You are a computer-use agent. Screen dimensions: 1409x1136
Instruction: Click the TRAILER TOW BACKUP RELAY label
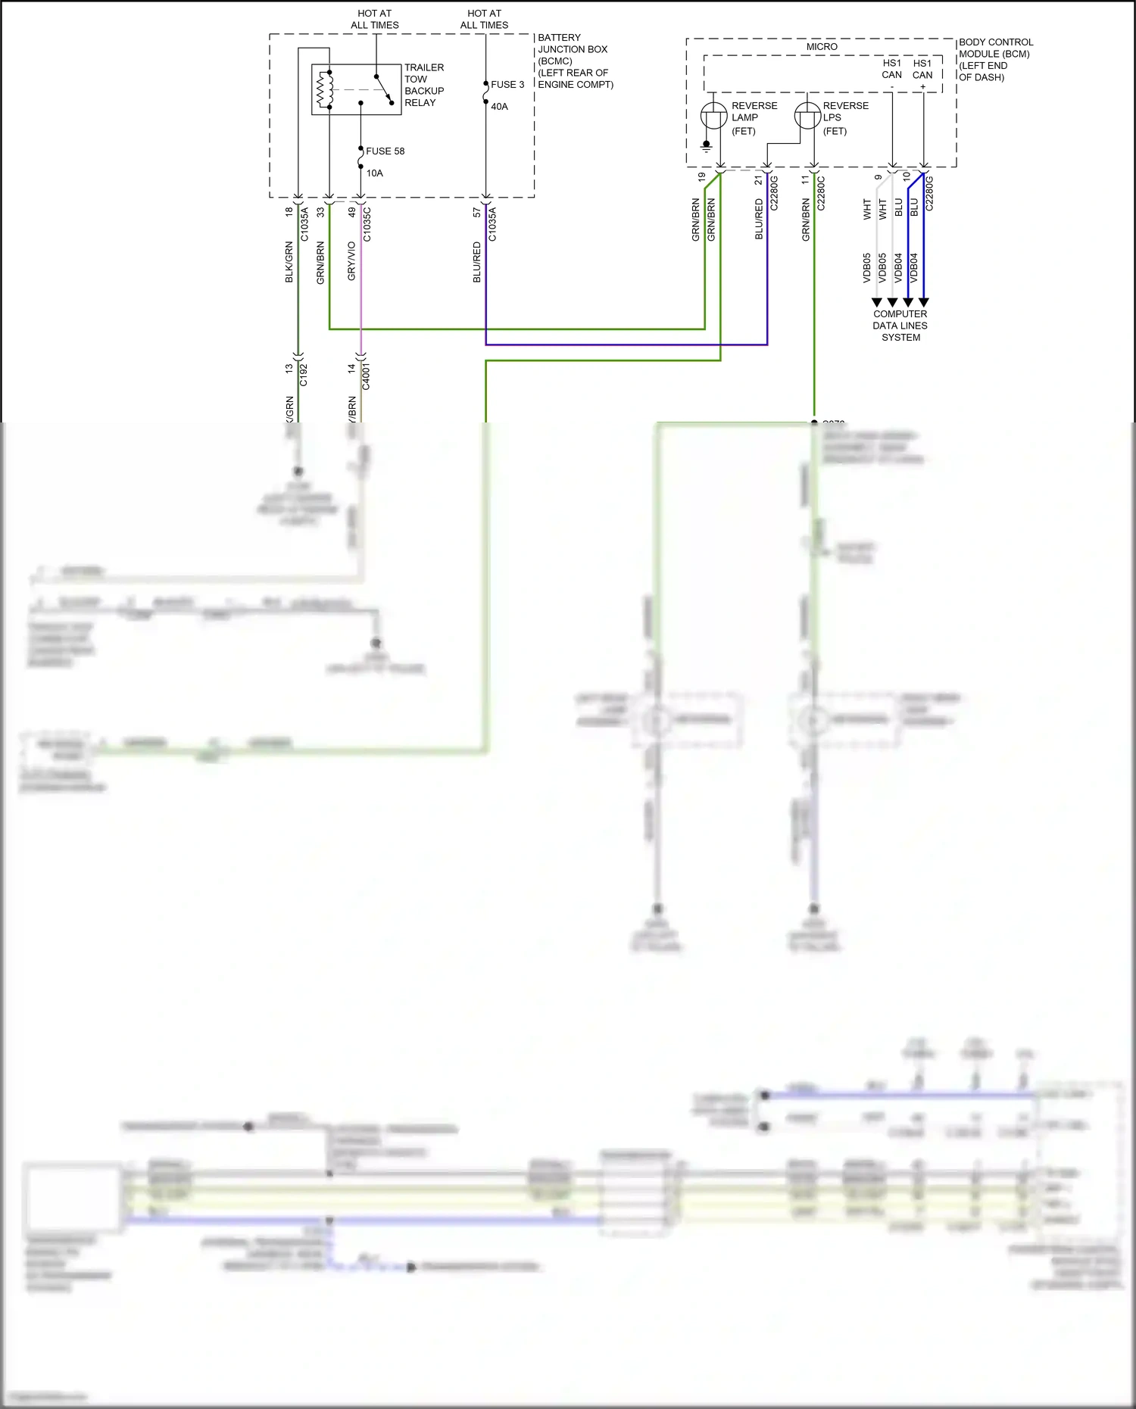(423, 85)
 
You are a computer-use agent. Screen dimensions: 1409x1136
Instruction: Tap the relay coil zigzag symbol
(325, 89)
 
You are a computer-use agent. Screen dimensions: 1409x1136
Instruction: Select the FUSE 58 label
(385, 151)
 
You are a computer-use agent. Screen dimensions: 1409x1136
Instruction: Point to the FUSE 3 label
(507, 85)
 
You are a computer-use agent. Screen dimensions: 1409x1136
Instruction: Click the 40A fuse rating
(499, 107)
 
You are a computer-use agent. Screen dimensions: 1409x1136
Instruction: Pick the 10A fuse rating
(374, 173)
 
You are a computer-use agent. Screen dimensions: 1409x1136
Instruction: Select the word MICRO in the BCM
(822, 47)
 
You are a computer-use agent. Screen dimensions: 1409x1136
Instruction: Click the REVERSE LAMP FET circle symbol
(713, 116)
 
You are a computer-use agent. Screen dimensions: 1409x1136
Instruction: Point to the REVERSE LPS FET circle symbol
(807, 116)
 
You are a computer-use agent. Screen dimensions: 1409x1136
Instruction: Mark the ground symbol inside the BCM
(706, 145)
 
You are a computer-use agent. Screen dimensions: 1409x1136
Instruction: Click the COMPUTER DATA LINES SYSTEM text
(900, 326)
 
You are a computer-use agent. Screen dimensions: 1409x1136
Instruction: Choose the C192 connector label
(304, 375)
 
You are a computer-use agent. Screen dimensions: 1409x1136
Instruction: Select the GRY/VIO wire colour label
(351, 261)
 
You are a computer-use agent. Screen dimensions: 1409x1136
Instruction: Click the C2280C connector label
(821, 193)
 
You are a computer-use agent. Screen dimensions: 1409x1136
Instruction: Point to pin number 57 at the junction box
(476, 213)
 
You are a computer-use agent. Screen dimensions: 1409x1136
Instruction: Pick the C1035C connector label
(367, 223)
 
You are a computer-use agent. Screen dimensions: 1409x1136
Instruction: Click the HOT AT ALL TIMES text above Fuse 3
(484, 19)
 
